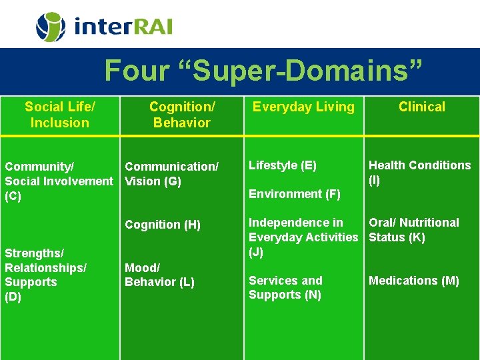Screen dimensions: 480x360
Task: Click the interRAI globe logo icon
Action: point(50,27)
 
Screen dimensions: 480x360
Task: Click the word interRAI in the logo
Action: point(123,27)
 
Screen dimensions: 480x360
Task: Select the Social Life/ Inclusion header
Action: point(60,115)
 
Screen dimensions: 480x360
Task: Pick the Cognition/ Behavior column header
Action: point(181,115)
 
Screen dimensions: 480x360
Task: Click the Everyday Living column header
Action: point(303,107)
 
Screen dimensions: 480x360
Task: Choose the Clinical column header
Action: point(422,107)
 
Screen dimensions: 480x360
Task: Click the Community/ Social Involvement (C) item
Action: point(59,181)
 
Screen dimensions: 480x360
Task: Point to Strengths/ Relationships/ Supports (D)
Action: point(45,275)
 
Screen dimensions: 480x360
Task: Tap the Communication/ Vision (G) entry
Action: point(171,174)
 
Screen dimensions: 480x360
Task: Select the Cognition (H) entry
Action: point(163,225)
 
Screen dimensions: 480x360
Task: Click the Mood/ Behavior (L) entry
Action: point(159,275)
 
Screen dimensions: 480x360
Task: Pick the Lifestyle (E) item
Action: point(283,165)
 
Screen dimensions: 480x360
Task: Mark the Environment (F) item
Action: point(295,194)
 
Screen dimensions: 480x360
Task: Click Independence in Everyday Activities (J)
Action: point(303,237)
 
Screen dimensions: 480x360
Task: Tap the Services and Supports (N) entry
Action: point(285,287)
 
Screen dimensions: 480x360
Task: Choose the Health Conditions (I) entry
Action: point(419,172)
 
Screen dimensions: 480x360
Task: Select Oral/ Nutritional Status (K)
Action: point(414,230)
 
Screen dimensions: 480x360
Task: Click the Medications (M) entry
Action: point(414,281)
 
